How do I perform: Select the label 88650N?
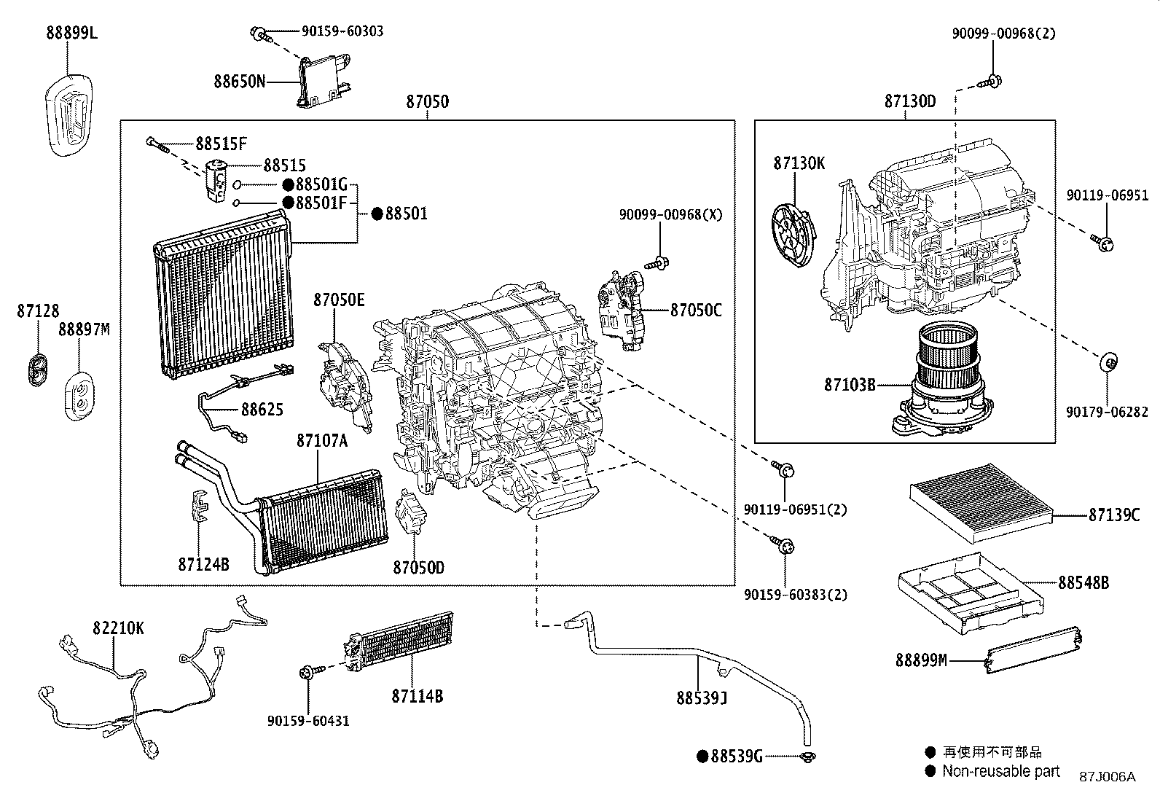[x=239, y=81]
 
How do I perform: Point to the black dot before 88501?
[x=377, y=214]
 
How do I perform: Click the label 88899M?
[x=921, y=660]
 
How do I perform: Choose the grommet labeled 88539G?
[x=807, y=758]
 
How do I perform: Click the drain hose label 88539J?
[x=702, y=699]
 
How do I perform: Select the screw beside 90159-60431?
[x=307, y=672]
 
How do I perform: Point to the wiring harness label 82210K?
[x=118, y=628]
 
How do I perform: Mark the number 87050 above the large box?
[x=427, y=102]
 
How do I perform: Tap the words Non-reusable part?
[x=1001, y=771]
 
